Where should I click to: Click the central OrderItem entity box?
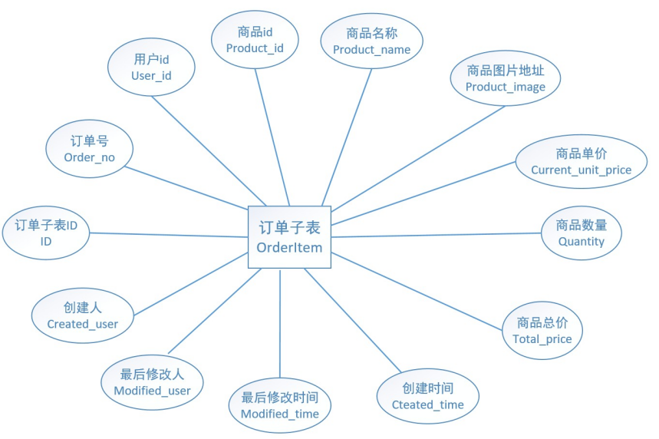(289, 237)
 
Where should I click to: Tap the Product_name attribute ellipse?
(371, 41)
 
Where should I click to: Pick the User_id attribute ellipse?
(151, 68)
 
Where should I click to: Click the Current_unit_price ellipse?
(581, 162)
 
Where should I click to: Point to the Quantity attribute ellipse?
(581, 233)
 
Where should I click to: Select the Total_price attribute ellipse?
(542, 331)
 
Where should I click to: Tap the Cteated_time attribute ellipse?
(427, 397)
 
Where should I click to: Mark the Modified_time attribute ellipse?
(280, 406)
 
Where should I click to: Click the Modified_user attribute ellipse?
(152, 383)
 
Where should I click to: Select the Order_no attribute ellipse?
(89, 150)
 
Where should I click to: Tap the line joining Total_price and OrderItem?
(418, 291)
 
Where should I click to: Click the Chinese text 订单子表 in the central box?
(289, 228)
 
